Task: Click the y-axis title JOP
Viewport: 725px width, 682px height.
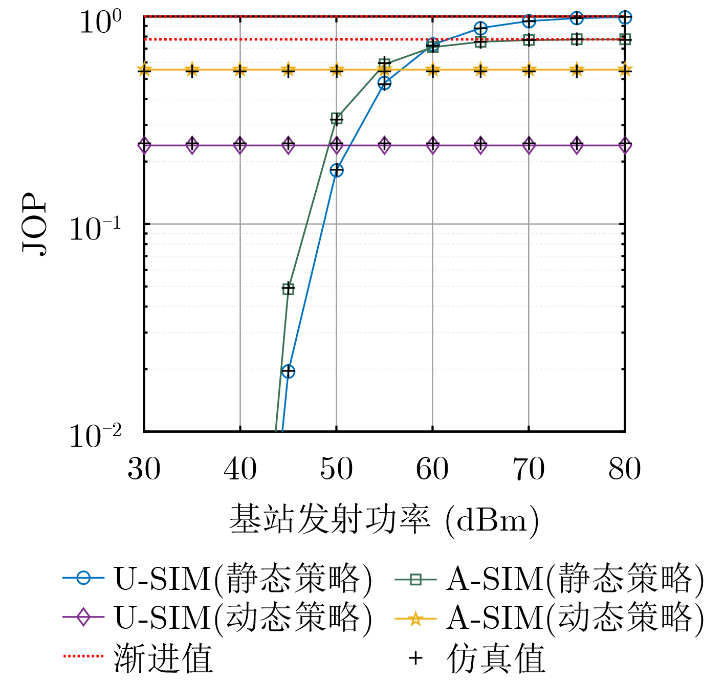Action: tap(35, 224)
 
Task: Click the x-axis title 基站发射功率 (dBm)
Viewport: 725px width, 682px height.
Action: tap(384, 520)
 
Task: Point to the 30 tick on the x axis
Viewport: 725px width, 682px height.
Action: tap(144, 469)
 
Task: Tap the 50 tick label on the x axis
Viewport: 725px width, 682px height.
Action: tap(336, 469)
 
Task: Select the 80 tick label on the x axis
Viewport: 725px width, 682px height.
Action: tap(624, 469)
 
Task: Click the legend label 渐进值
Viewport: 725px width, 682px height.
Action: tap(163, 658)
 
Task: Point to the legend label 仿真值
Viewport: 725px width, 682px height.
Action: tap(495, 658)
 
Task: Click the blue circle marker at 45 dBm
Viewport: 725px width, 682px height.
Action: tap(289, 371)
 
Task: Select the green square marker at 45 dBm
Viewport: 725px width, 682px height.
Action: tap(289, 289)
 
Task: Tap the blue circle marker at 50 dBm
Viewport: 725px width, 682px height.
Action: tap(336, 170)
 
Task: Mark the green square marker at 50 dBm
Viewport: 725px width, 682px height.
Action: tap(336, 119)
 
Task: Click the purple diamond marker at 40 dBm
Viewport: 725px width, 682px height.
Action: tap(240, 145)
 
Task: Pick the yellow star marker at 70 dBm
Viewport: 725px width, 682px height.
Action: tap(529, 70)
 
